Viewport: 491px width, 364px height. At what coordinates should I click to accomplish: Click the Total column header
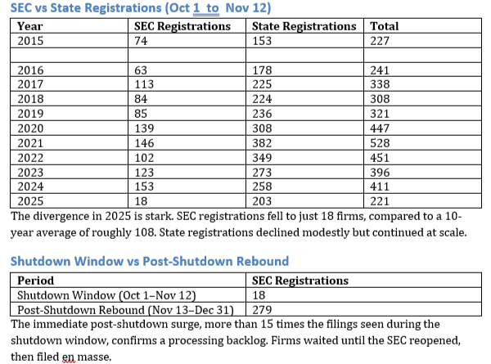(x=385, y=26)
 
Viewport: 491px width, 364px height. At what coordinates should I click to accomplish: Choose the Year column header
(x=30, y=26)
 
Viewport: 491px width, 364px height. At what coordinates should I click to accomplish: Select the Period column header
(x=36, y=281)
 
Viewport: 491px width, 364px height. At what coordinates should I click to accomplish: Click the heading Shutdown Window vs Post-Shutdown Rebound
(x=149, y=261)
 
